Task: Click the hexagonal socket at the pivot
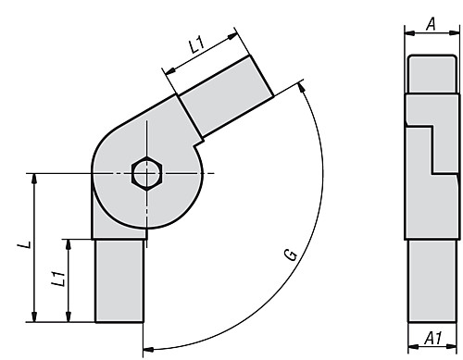click(145, 172)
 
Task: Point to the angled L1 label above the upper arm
click(195, 43)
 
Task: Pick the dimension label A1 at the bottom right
click(432, 338)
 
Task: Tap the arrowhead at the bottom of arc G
click(148, 350)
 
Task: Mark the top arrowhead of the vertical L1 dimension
click(69, 242)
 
